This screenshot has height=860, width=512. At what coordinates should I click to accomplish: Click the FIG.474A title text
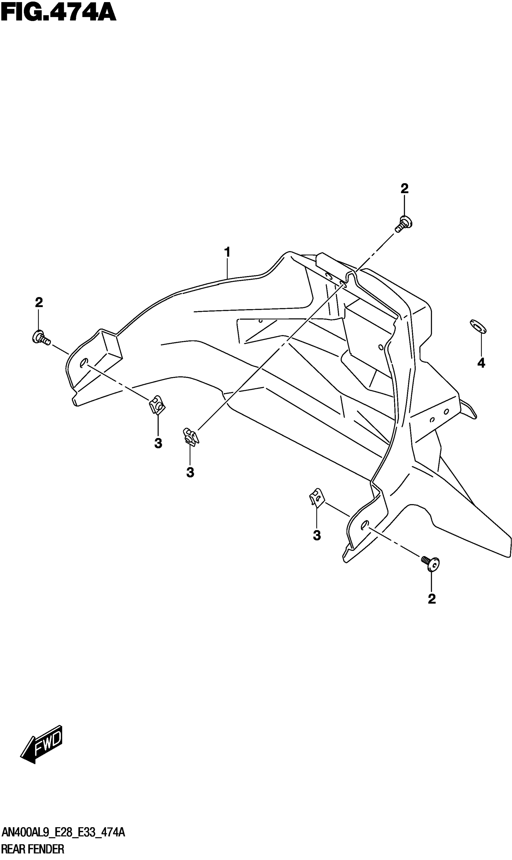point(59,13)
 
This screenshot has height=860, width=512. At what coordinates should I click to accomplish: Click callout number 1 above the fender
point(227,252)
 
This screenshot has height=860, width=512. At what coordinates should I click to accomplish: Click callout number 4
point(481,363)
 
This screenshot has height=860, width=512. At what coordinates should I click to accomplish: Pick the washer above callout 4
point(478,326)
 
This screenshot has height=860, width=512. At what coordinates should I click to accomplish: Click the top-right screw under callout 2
point(404,224)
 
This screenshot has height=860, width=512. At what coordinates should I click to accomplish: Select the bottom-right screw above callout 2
point(431,563)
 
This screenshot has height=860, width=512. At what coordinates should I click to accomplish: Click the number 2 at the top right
point(404,188)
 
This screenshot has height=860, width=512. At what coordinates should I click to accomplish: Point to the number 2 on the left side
point(39,302)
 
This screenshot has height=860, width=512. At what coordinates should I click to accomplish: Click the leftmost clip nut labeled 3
point(157,404)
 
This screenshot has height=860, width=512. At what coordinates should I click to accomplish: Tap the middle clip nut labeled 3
point(190,437)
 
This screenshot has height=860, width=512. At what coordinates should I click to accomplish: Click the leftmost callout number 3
point(158,444)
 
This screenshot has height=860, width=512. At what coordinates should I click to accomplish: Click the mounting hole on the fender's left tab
point(83,363)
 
